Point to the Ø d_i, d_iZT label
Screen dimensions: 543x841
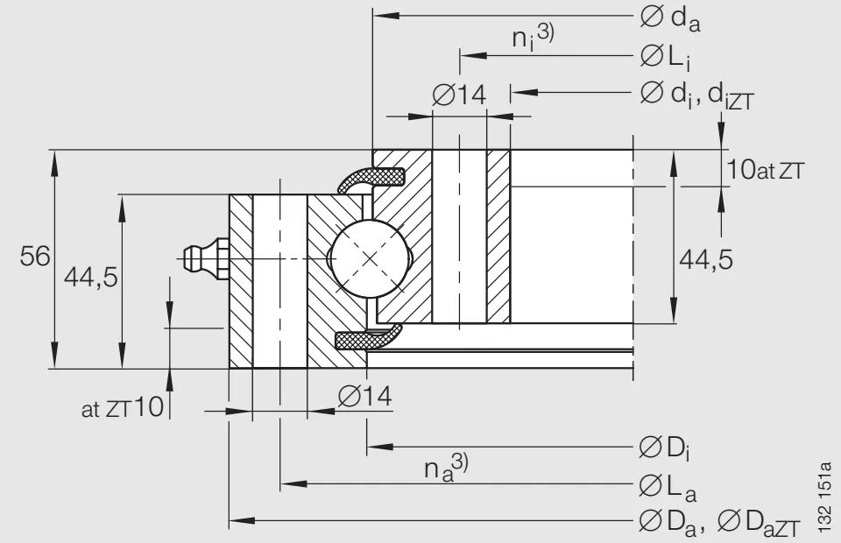tap(696, 94)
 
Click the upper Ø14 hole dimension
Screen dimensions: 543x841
tap(460, 95)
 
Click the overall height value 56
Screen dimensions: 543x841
tap(36, 257)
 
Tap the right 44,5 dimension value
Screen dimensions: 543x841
tap(706, 259)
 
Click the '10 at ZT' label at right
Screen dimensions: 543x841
tap(764, 170)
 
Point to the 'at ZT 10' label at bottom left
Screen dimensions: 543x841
tap(123, 407)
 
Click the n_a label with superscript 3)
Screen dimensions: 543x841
tap(447, 468)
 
